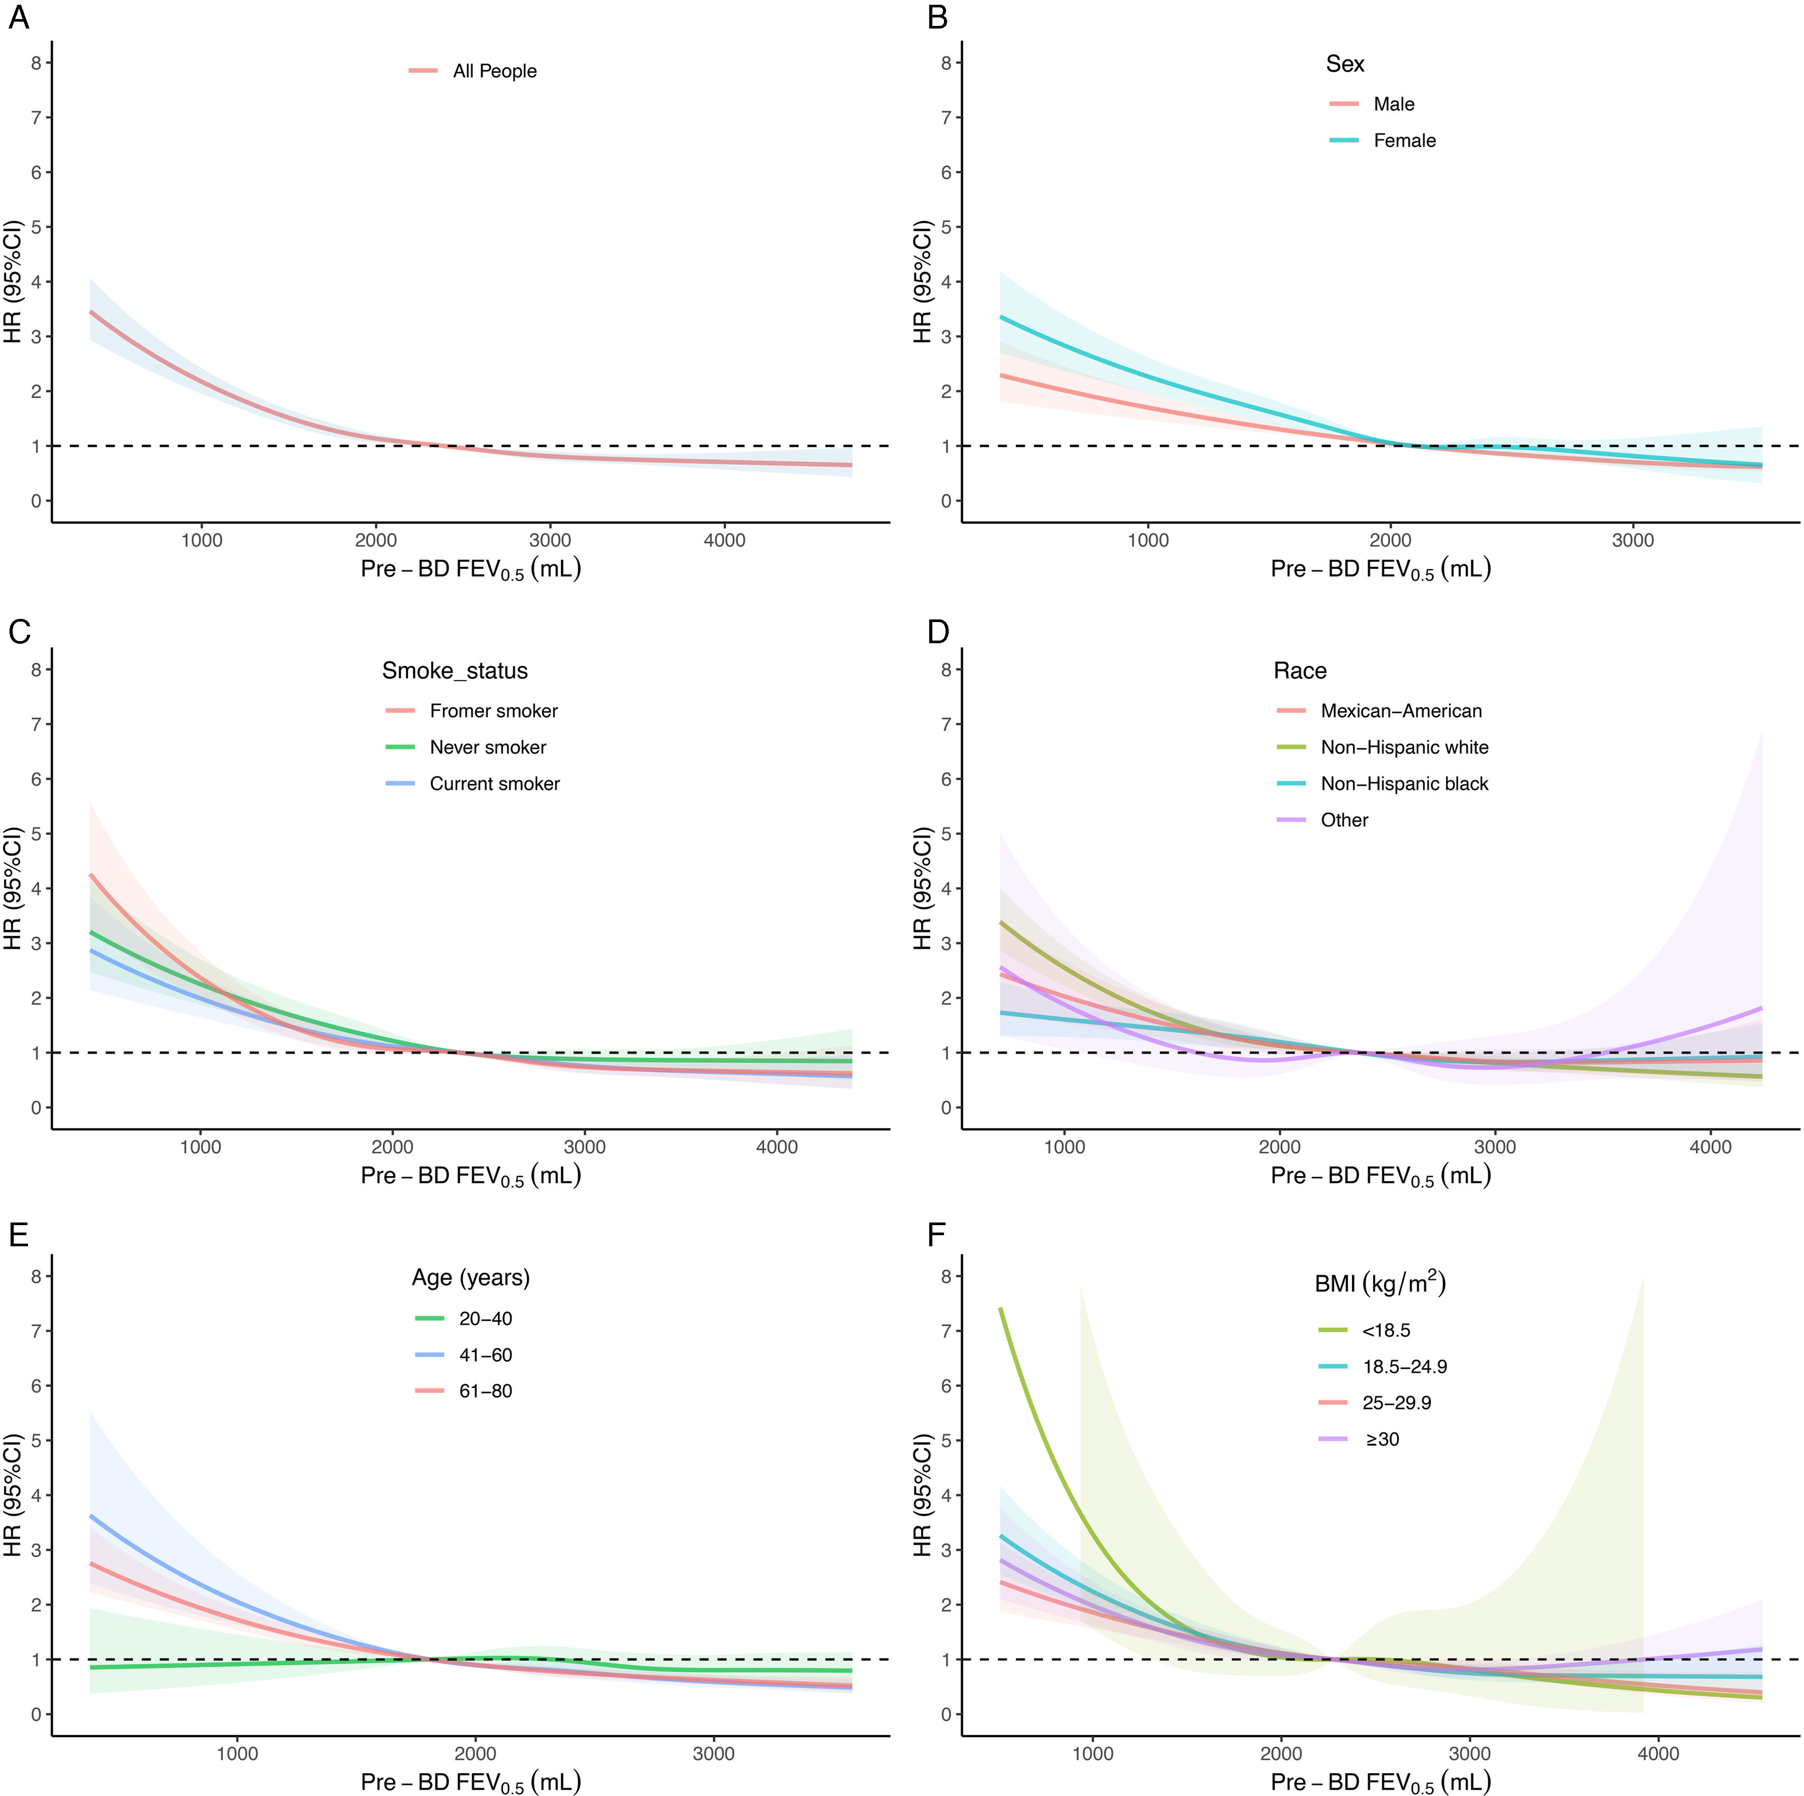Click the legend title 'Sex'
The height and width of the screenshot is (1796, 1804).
point(1345,63)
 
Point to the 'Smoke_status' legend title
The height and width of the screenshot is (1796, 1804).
point(455,671)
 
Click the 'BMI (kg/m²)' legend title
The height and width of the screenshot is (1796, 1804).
point(1380,1283)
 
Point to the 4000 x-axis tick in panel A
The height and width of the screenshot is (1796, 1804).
point(724,540)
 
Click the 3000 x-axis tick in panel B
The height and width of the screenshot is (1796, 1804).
point(1633,540)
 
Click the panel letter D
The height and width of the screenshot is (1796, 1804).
point(938,632)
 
